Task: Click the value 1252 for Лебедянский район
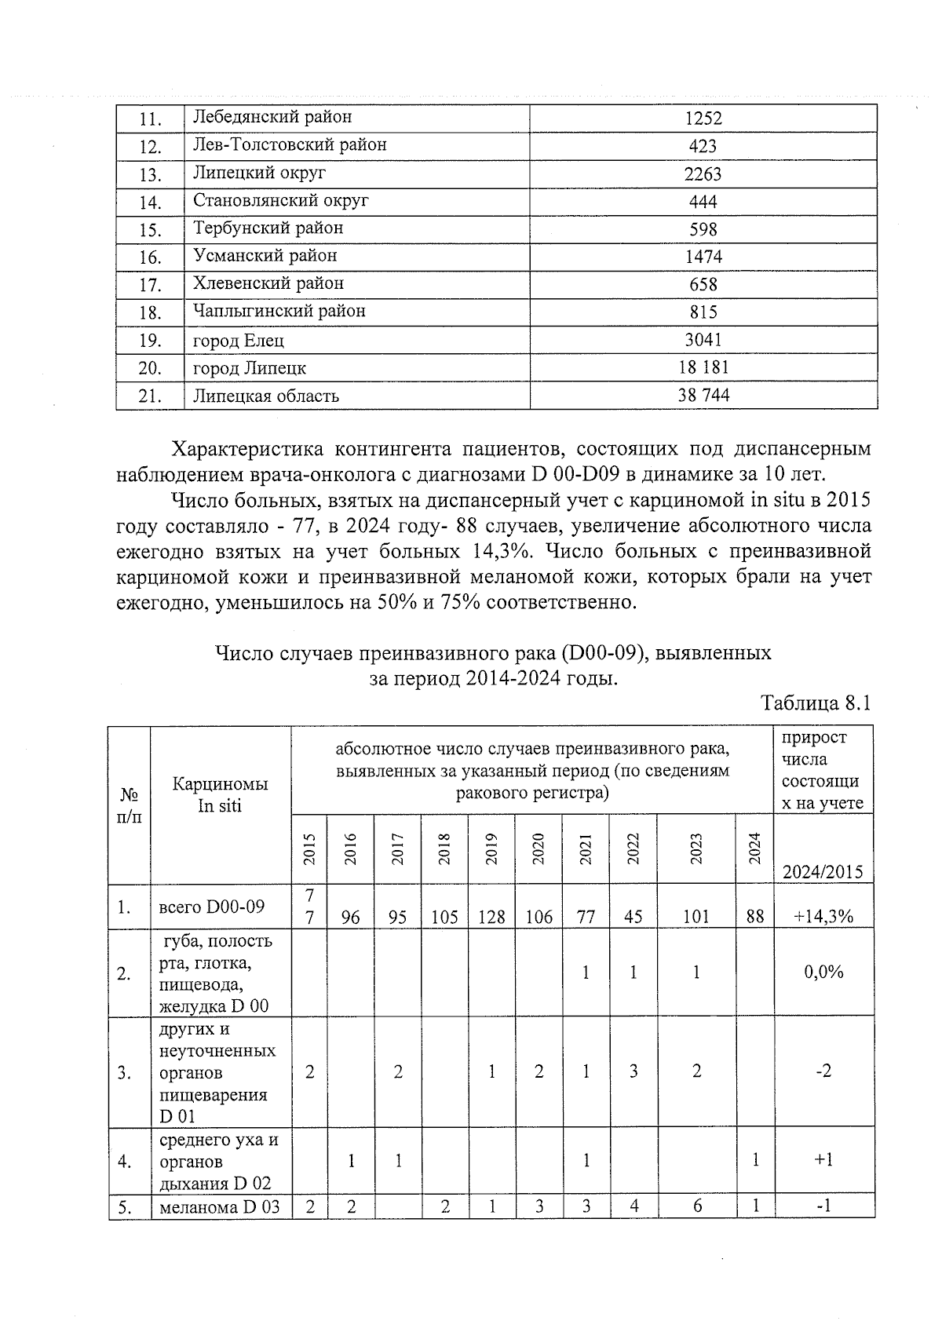(x=703, y=119)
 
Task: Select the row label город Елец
(x=239, y=341)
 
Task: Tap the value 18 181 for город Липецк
(x=703, y=367)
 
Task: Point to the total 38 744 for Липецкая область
(x=703, y=396)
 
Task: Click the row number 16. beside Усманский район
(x=150, y=257)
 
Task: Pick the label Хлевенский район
(x=268, y=283)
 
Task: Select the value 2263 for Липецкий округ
(x=703, y=174)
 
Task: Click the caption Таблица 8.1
(x=816, y=702)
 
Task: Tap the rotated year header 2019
(x=491, y=848)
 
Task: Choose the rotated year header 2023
(x=696, y=848)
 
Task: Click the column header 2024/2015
(x=823, y=871)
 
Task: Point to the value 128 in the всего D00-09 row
(x=491, y=916)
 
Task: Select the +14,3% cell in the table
(x=823, y=915)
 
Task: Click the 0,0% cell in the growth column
(x=823, y=972)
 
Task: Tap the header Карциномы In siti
(x=220, y=794)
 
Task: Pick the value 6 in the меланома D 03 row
(x=696, y=1207)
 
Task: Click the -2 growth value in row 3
(x=823, y=1071)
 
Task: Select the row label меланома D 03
(x=219, y=1207)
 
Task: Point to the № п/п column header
(x=130, y=805)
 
